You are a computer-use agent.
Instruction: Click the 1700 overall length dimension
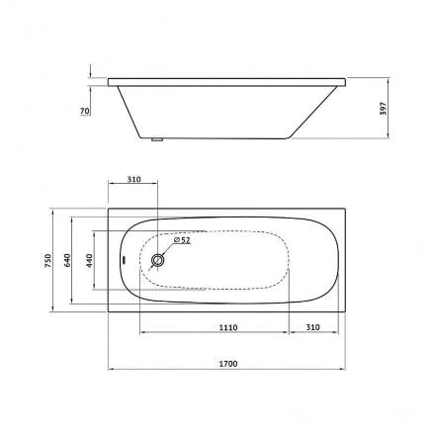pyautogui.click(x=228, y=364)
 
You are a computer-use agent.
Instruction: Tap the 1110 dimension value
pyautogui.click(x=228, y=327)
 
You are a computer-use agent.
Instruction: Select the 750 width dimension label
pyautogui.click(x=48, y=261)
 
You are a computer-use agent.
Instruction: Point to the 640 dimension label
pyautogui.click(x=67, y=261)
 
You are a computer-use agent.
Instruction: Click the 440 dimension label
pyautogui.click(x=90, y=261)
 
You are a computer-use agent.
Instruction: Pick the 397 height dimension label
pyautogui.click(x=383, y=109)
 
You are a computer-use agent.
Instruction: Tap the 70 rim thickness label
pyautogui.click(x=85, y=111)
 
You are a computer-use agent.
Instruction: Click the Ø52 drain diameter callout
pyautogui.click(x=182, y=240)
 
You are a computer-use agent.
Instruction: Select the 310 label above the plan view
pyautogui.click(x=133, y=179)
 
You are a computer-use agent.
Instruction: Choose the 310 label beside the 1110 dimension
pyautogui.click(x=312, y=327)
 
